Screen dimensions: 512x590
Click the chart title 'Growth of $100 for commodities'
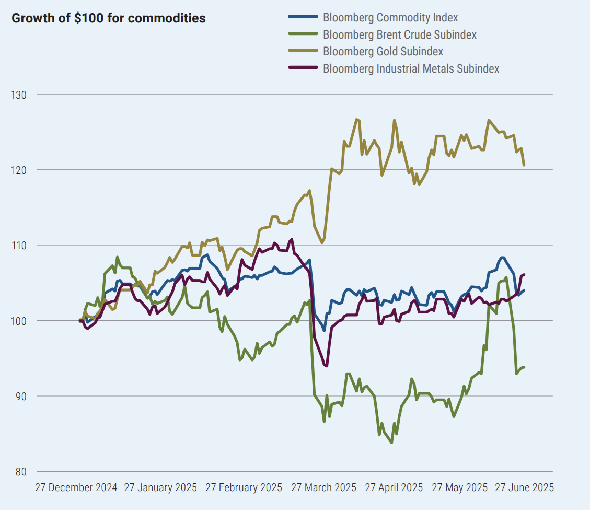(109, 18)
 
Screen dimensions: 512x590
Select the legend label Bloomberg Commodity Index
(390, 17)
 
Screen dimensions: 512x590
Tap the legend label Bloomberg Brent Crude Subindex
(400, 34)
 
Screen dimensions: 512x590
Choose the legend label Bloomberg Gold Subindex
(383, 51)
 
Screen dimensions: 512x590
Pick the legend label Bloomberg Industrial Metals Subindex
(411, 68)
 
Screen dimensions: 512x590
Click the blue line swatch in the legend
(303, 17)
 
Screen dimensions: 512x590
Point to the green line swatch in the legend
(303, 34)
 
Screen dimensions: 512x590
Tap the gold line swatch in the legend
(303, 51)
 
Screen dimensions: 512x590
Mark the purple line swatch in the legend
(303, 68)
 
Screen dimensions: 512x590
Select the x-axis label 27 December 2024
(76, 488)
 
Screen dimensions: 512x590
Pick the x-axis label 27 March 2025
(323, 488)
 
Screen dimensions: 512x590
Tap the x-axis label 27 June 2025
(524, 488)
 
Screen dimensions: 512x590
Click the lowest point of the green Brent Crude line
(391, 443)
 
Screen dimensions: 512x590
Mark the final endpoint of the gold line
(524, 165)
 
